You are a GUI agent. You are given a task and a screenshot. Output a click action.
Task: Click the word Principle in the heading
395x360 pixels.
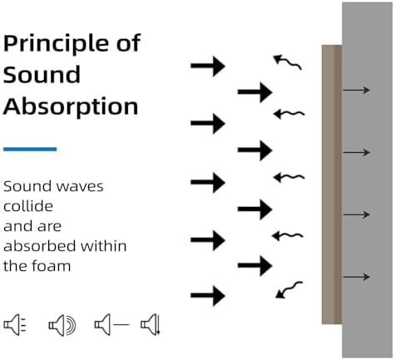(57, 44)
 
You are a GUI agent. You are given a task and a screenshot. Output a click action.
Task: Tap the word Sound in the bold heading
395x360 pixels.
(42, 74)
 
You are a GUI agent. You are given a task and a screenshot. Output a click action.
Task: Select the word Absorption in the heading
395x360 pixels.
(71, 107)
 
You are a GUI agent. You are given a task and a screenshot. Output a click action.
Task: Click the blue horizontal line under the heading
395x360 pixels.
(30, 149)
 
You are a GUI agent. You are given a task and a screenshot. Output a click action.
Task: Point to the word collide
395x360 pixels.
(28, 206)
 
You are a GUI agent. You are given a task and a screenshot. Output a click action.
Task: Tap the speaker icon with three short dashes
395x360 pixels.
(15, 324)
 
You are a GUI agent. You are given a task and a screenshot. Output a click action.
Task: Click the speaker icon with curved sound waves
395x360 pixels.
(62, 325)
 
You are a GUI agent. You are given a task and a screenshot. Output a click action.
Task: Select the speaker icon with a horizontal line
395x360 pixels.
(111, 324)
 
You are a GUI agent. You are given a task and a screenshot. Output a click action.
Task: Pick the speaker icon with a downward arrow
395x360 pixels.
(151, 324)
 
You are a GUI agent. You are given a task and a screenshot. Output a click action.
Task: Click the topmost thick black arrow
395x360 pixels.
(208, 66)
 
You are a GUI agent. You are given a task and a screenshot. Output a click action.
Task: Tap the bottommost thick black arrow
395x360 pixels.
(208, 295)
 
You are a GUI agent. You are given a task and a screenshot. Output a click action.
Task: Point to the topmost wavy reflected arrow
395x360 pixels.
(288, 62)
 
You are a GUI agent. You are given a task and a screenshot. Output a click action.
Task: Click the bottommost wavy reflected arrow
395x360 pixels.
(289, 289)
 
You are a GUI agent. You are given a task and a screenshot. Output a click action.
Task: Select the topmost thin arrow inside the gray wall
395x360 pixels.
(357, 90)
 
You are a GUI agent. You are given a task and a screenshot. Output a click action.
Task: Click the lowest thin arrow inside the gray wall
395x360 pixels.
(357, 277)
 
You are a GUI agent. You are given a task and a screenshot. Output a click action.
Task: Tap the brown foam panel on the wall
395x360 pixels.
(332, 185)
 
